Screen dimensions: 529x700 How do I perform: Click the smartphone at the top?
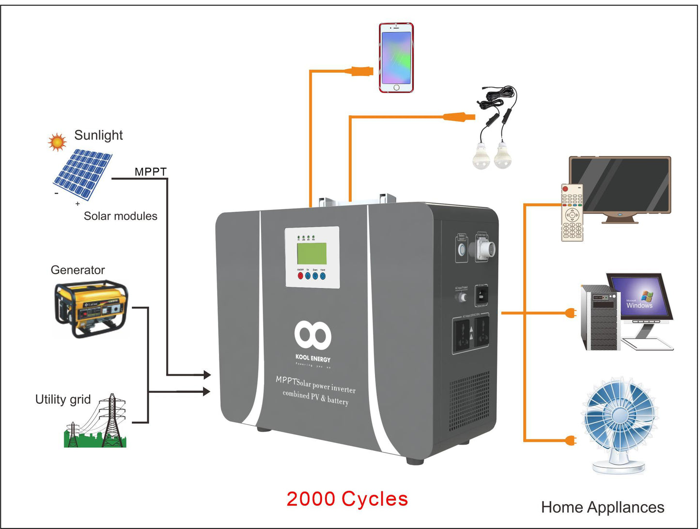pyautogui.click(x=396, y=57)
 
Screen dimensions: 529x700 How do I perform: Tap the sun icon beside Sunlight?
pyautogui.click(x=57, y=141)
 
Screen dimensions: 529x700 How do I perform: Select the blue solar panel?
pyautogui.click(x=83, y=174)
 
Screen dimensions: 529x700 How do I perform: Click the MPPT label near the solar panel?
pyautogui.click(x=150, y=171)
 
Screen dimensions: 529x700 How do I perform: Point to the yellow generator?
pyautogui.click(x=91, y=309)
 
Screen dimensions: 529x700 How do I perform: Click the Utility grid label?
pyautogui.click(x=63, y=399)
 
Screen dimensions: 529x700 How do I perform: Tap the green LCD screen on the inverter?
pyautogui.click(x=311, y=253)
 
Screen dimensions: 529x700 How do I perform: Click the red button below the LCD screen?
pyautogui.click(x=300, y=276)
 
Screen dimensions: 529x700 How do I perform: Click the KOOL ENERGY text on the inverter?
pyautogui.click(x=313, y=359)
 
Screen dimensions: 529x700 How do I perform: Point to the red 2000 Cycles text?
pyautogui.click(x=347, y=499)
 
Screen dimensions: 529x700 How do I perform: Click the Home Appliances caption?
pyautogui.click(x=602, y=507)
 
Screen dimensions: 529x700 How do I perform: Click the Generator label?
pyautogui.click(x=78, y=270)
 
